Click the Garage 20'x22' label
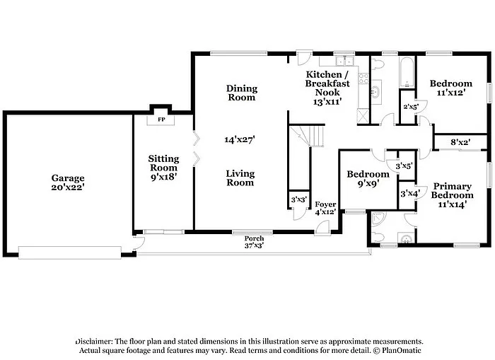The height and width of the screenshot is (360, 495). coord(68,183)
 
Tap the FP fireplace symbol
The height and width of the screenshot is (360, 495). coord(161,120)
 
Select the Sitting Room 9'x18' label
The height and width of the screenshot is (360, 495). coord(163,168)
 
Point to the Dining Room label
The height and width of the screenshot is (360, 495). coord(241,93)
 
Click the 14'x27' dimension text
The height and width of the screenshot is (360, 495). coord(240,140)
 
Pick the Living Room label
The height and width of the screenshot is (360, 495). coord(240,178)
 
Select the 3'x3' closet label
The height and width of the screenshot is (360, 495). coord(298,201)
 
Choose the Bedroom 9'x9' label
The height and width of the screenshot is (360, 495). coord(367,180)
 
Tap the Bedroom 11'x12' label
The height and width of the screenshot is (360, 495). coord(450,88)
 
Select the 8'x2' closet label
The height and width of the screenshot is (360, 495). coord(460,142)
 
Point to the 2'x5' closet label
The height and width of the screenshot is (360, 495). coord(410,107)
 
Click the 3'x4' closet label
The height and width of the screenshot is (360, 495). coord(409,193)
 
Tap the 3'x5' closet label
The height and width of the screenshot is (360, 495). coord(404,167)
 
